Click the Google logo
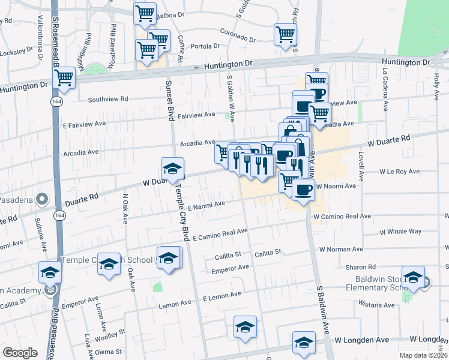[x=20, y=353]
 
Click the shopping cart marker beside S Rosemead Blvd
[x=64, y=78]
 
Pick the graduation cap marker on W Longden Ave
[x=304, y=343]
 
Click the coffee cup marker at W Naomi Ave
[x=303, y=191]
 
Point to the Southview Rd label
[x=108, y=99]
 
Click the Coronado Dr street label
[x=238, y=35]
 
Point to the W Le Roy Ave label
[x=399, y=172]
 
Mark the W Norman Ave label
[x=341, y=249]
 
